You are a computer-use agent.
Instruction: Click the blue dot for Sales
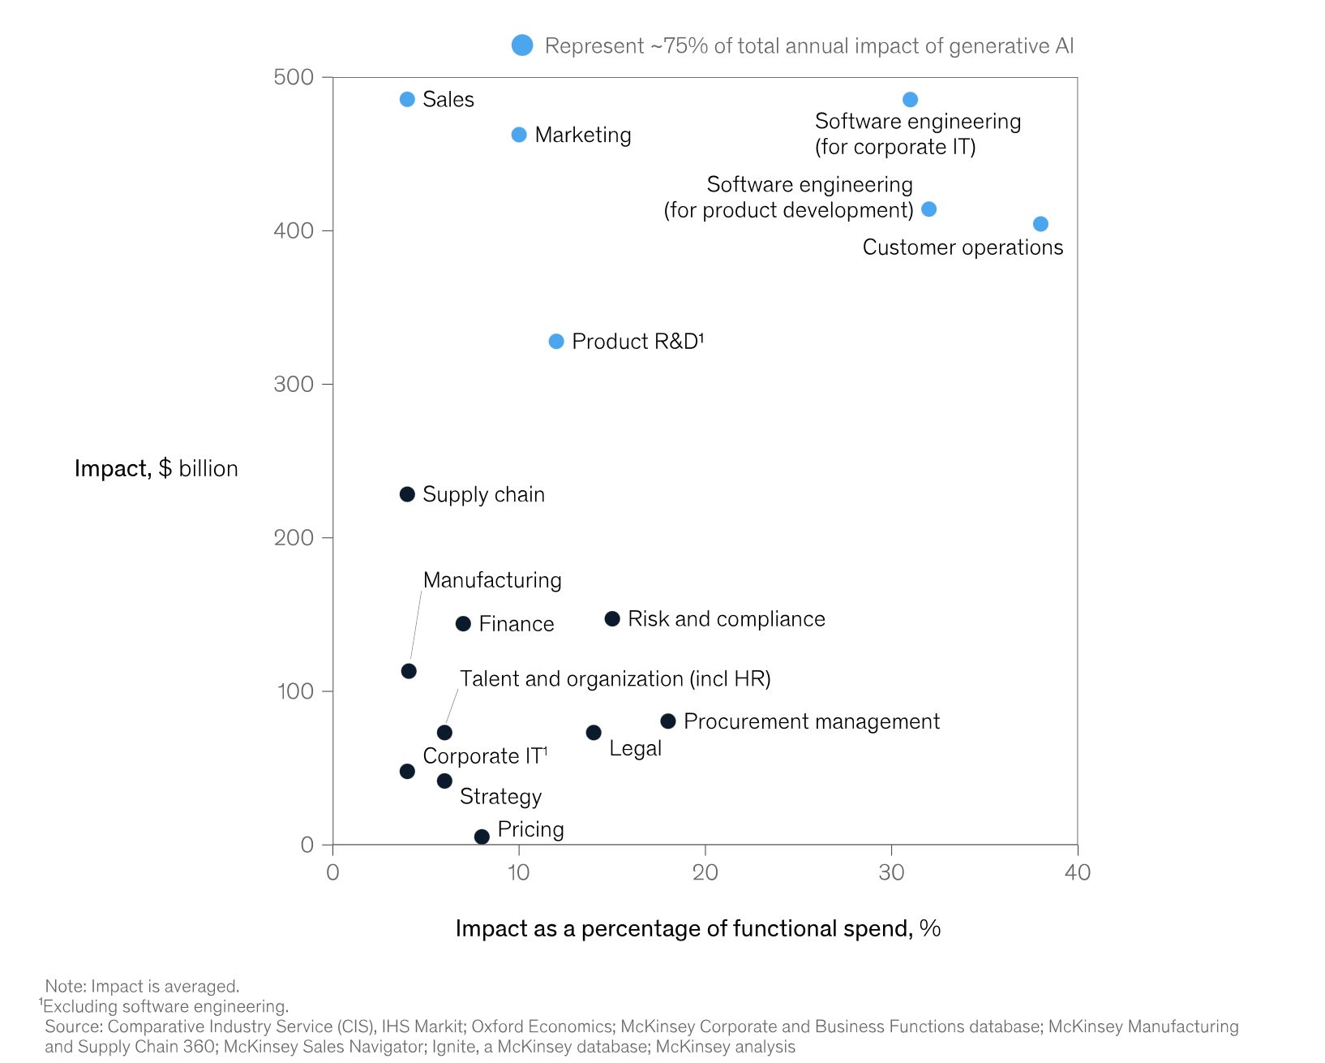[407, 99]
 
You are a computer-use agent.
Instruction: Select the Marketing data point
[519, 135]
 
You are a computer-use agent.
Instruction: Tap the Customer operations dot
[1040, 224]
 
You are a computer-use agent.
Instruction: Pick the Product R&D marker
[556, 342]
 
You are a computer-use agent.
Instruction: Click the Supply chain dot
[407, 494]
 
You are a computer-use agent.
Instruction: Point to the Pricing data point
[482, 837]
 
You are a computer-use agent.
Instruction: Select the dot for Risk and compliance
[612, 619]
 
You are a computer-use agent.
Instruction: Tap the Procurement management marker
[668, 721]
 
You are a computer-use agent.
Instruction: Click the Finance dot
[463, 624]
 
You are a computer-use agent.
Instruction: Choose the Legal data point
[594, 733]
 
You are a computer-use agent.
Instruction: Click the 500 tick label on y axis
[294, 77]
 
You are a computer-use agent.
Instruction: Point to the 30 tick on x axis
[891, 872]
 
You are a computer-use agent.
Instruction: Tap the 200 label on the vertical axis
[294, 537]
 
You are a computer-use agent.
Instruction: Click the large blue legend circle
[522, 45]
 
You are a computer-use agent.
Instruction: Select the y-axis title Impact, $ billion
[156, 469]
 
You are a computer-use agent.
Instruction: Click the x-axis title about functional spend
[697, 928]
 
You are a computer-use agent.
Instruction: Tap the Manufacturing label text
[492, 580]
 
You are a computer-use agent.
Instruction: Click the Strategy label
[500, 797]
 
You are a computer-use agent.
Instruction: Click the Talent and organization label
[615, 679]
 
